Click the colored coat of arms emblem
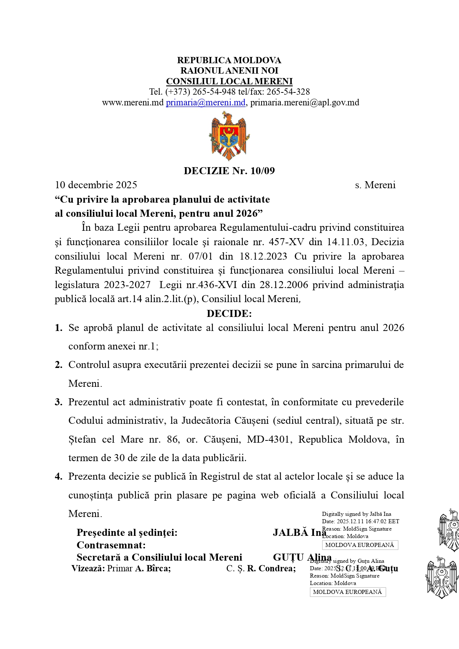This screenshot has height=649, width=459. pos(229,136)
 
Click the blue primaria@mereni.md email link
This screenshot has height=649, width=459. pos(206,102)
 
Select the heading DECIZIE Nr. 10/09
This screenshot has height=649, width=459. pos(229,170)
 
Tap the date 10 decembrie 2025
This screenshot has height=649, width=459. pos(96,185)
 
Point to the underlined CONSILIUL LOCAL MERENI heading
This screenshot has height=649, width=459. pos(229,81)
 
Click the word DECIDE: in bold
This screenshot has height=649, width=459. pos(229,314)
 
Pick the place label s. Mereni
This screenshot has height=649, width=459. pos(375,185)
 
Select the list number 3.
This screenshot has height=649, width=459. pos(58,402)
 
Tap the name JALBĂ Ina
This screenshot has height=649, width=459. pos(299,533)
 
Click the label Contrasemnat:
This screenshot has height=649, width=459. pos(111,545)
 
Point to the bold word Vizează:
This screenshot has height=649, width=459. pos(88,568)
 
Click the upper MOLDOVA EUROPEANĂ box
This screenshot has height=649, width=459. pos(360,545)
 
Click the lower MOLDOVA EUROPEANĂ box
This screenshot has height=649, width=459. pos(347,592)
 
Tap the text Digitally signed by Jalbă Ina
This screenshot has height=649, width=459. pos(356,514)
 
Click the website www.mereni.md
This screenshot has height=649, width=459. pos(132,102)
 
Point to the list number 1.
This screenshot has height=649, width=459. pos(58,328)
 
